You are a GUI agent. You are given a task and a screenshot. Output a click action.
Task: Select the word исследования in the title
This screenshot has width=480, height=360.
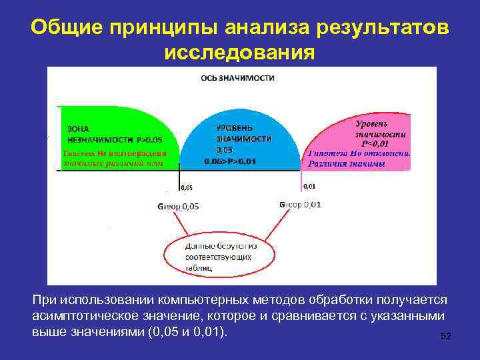[239, 52]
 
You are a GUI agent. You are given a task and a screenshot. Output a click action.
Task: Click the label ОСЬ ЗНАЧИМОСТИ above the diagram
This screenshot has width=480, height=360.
[238, 78]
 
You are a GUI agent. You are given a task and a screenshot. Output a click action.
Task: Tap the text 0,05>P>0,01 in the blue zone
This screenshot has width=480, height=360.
[231, 161]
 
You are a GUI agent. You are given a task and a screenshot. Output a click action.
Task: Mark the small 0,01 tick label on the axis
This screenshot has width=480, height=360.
[310, 187]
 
